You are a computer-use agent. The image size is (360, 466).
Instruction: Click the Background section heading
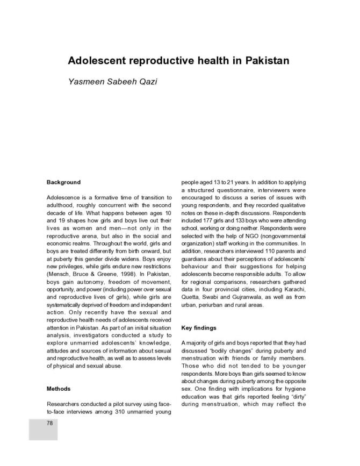pyautogui.click(x=63, y=182)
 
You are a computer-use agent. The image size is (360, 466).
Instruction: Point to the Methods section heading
pyautogui.click(x=59, y=388)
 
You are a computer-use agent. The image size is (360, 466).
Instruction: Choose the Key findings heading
pyautogui.click(x=199, y=327)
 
